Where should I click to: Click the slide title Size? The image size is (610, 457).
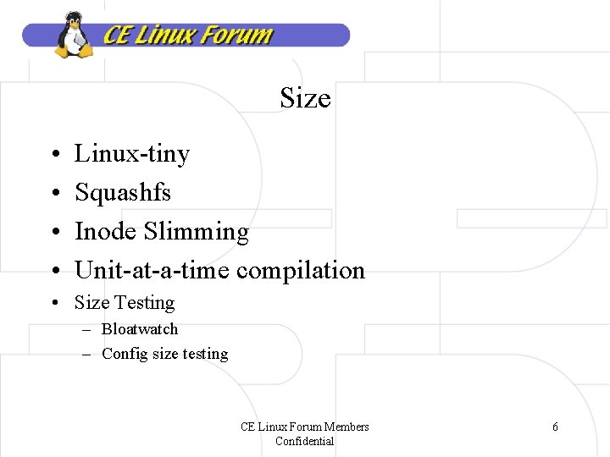coord(305,99)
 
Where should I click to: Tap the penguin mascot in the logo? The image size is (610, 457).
coord(75,36)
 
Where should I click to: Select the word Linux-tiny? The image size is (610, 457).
coord(132,154)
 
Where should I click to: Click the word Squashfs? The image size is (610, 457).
coord(123,193)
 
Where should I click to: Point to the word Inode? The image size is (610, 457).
coord(106,231)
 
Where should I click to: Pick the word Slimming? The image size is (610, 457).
coord(197,232)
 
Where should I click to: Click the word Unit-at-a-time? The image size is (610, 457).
coord(152,270)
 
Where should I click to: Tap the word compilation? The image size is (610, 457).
coord(301,271)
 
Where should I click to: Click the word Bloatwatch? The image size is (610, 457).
coord(140,329)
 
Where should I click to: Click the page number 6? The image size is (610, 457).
coord(555,427)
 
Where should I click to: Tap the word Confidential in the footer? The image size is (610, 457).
coord(305,441)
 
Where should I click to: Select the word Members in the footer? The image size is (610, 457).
coord(347,427)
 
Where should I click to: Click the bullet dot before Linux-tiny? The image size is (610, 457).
coord(53,155)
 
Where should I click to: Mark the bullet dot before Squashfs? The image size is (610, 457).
coord(53,194)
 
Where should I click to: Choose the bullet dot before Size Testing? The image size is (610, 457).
coord(53,303)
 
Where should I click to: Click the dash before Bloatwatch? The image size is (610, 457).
coord(86,329)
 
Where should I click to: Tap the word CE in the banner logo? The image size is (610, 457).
coord(117,36)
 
